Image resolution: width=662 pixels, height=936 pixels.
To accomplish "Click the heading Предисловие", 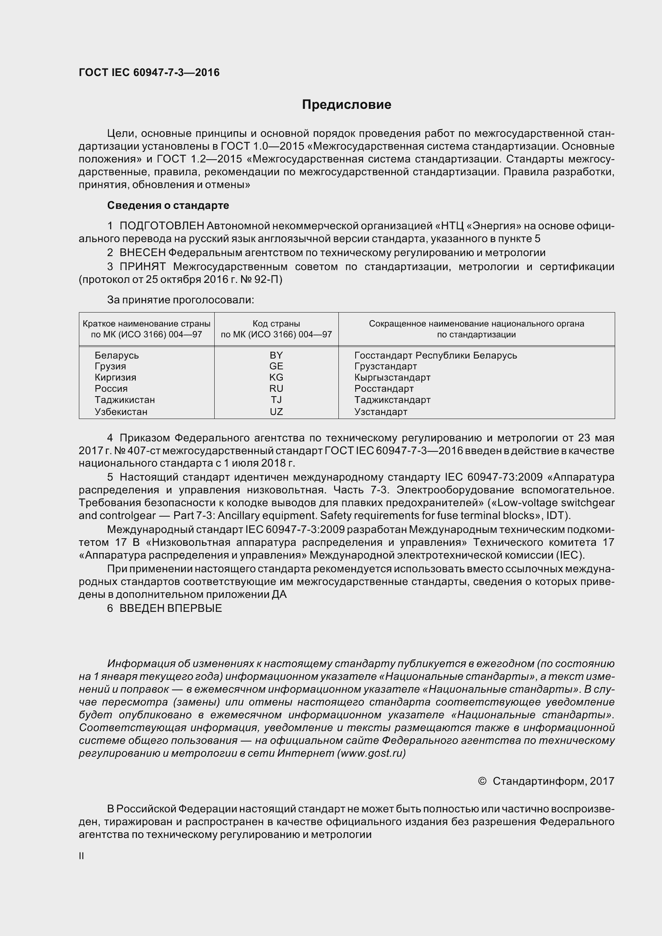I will pos(346,105).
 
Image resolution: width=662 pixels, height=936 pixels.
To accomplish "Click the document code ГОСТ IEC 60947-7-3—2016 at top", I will pos(149,72).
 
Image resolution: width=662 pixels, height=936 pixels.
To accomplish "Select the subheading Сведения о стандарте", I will pos(168,205).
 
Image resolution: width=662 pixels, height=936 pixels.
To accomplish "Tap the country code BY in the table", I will pos(276,355).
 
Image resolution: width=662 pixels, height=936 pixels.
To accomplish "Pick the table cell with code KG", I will pos(276,377).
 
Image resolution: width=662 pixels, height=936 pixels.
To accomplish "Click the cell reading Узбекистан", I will pos(121,412).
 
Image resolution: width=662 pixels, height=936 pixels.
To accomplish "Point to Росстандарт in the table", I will pos(384,389).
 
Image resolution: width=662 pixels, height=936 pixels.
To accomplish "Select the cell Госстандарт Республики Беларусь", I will pos(435,355).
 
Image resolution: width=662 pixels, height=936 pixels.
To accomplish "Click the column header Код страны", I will pos(276,324).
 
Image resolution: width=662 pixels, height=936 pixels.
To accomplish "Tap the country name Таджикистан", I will pos(125,400).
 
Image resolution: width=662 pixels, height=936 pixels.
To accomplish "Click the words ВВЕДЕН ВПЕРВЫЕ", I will pos(171,609).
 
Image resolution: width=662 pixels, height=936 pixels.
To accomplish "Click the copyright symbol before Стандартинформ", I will pos(482,781).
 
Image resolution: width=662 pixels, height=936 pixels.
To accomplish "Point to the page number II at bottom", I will pos(82,856).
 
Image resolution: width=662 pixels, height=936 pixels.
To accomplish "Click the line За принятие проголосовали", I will pos(180,300).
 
